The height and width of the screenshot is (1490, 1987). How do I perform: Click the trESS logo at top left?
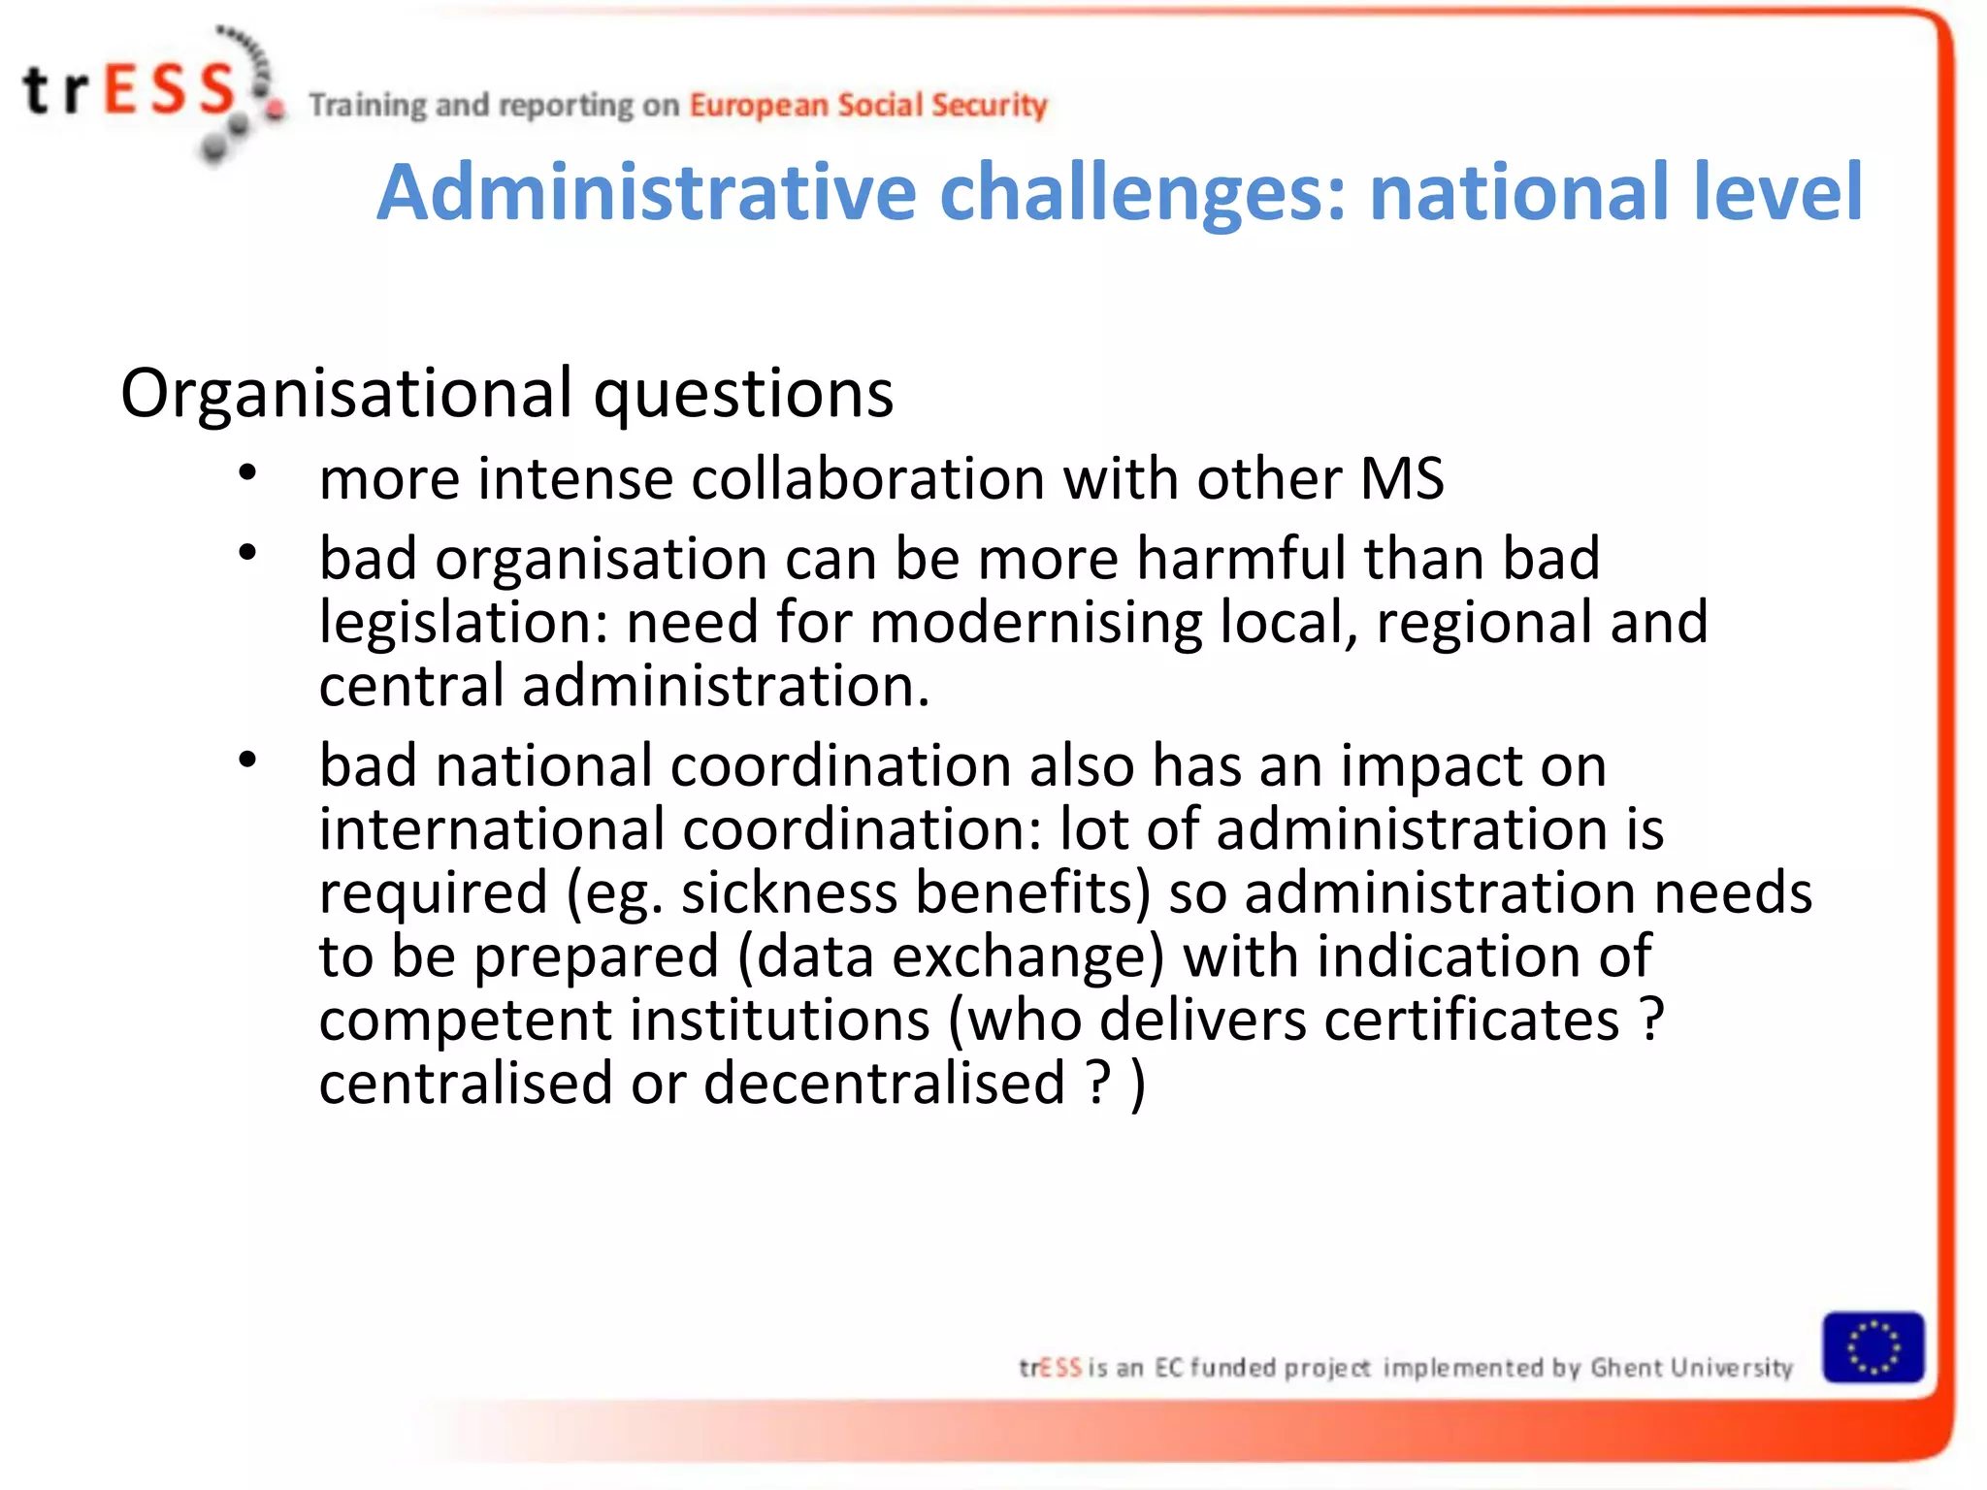click(146, 92)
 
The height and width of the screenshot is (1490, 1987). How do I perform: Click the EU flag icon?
click(1873, 1346)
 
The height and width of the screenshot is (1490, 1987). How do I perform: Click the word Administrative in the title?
click(646, 192)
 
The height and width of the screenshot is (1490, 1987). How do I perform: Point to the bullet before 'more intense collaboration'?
click(248, 473)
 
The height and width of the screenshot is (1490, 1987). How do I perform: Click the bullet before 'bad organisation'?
click(248, 553)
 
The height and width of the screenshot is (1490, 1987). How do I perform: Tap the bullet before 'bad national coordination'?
click(248, 760)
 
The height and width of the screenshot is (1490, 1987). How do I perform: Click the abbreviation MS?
click(1402, 478)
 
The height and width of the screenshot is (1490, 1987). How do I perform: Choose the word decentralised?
click(884, 1084)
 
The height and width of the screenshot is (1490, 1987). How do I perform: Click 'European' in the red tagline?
click(759, 105)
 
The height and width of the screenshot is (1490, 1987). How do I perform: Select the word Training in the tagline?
click(368, 105)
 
